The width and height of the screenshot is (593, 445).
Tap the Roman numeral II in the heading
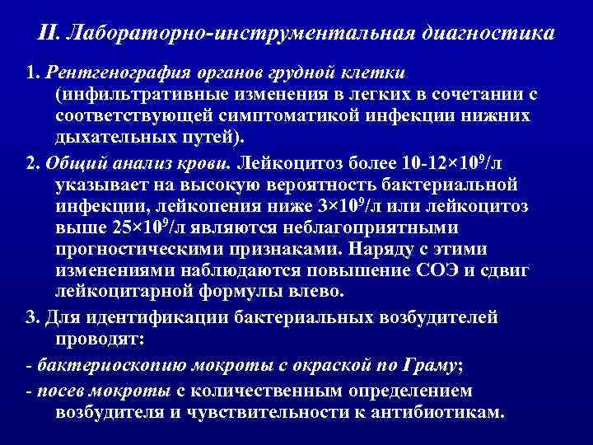pos(48,35)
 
